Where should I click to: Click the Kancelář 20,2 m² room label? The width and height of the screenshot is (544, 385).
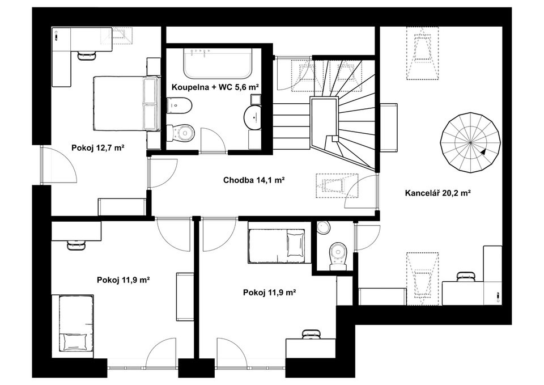[437, 193]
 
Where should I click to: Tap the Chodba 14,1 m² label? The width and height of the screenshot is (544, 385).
[254, 180]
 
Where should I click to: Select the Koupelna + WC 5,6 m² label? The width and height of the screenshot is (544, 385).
[215, 87]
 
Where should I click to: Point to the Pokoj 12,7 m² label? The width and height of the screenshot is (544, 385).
[98, 148]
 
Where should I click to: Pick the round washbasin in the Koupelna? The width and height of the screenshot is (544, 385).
[253, 117]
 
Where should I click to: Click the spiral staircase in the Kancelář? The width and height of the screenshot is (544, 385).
[470, 143]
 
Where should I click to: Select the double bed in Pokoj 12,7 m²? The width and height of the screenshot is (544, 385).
[126, 104]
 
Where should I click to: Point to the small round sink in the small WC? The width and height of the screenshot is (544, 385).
[324, 227]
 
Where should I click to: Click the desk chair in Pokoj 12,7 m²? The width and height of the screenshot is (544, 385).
[86, 55]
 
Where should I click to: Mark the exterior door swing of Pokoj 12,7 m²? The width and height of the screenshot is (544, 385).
[58, 164]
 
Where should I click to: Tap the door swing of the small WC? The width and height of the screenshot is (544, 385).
[367, 238]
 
